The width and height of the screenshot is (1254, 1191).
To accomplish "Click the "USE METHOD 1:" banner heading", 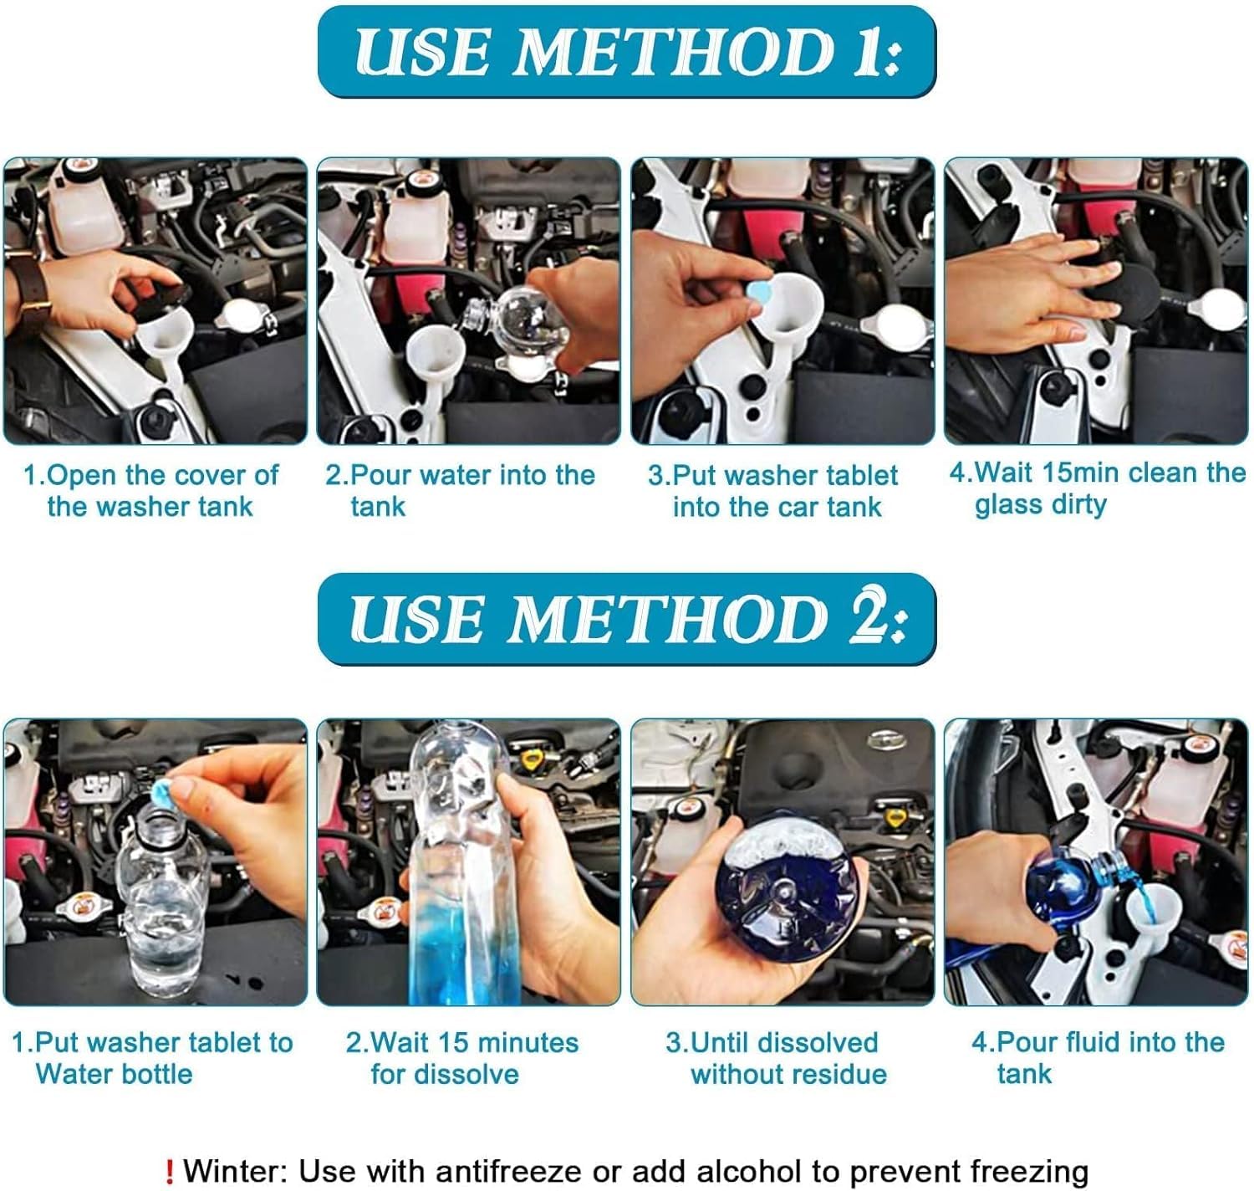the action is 626,52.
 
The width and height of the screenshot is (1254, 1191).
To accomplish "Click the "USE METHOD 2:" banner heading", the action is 626,618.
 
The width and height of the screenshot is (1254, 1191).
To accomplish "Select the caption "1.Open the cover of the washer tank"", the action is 151,491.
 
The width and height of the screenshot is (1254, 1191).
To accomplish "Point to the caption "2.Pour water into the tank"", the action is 460,491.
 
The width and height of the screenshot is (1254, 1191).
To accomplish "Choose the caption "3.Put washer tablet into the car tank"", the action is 773,492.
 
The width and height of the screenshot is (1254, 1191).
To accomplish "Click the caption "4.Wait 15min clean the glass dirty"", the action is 1097,489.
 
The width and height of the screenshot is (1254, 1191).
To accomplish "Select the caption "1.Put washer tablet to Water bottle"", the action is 152,1058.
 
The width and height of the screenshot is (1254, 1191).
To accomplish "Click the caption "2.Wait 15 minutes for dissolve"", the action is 461,1058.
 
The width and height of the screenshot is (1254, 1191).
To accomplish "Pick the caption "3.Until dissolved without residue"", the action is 776,1058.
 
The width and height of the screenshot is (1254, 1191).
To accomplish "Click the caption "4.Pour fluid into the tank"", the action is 1097,1058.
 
